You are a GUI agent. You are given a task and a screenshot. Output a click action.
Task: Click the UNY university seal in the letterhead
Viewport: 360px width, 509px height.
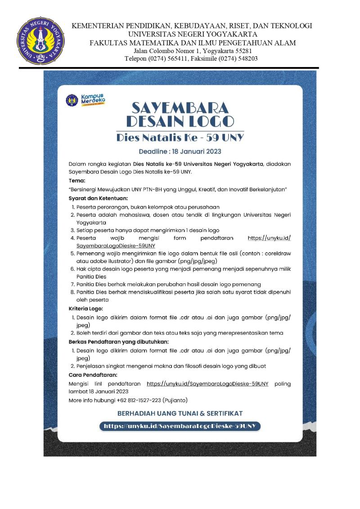pyautogui.click(x=36, y=41)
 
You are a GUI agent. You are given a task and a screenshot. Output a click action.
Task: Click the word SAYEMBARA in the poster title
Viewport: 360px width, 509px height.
pyautogui.click(x=180, y=107)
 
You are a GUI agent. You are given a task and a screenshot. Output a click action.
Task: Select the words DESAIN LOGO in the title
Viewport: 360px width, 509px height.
pyautogui.click(x=180, y=121)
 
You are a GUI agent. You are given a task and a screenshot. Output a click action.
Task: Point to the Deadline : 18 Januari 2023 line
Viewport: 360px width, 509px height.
pyautogui.click(x=180, y=151)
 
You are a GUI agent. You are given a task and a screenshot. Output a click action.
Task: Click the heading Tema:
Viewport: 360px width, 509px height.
pyautogui.click(x=77, y=180)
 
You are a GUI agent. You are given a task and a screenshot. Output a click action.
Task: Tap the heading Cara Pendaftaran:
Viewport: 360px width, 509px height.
pyautogui.click(x=93, y=375)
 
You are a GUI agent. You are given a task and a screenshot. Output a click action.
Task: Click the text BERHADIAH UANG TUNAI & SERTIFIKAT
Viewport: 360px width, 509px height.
pyautogui.click(x=180, y=413)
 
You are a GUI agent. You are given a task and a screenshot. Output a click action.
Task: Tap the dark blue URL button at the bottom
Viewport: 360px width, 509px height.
pyautogui.click(x=180, y=425)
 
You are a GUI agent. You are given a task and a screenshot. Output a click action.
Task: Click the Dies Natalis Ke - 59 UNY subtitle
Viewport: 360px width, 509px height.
pyautogui.click(x=180, y=137)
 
